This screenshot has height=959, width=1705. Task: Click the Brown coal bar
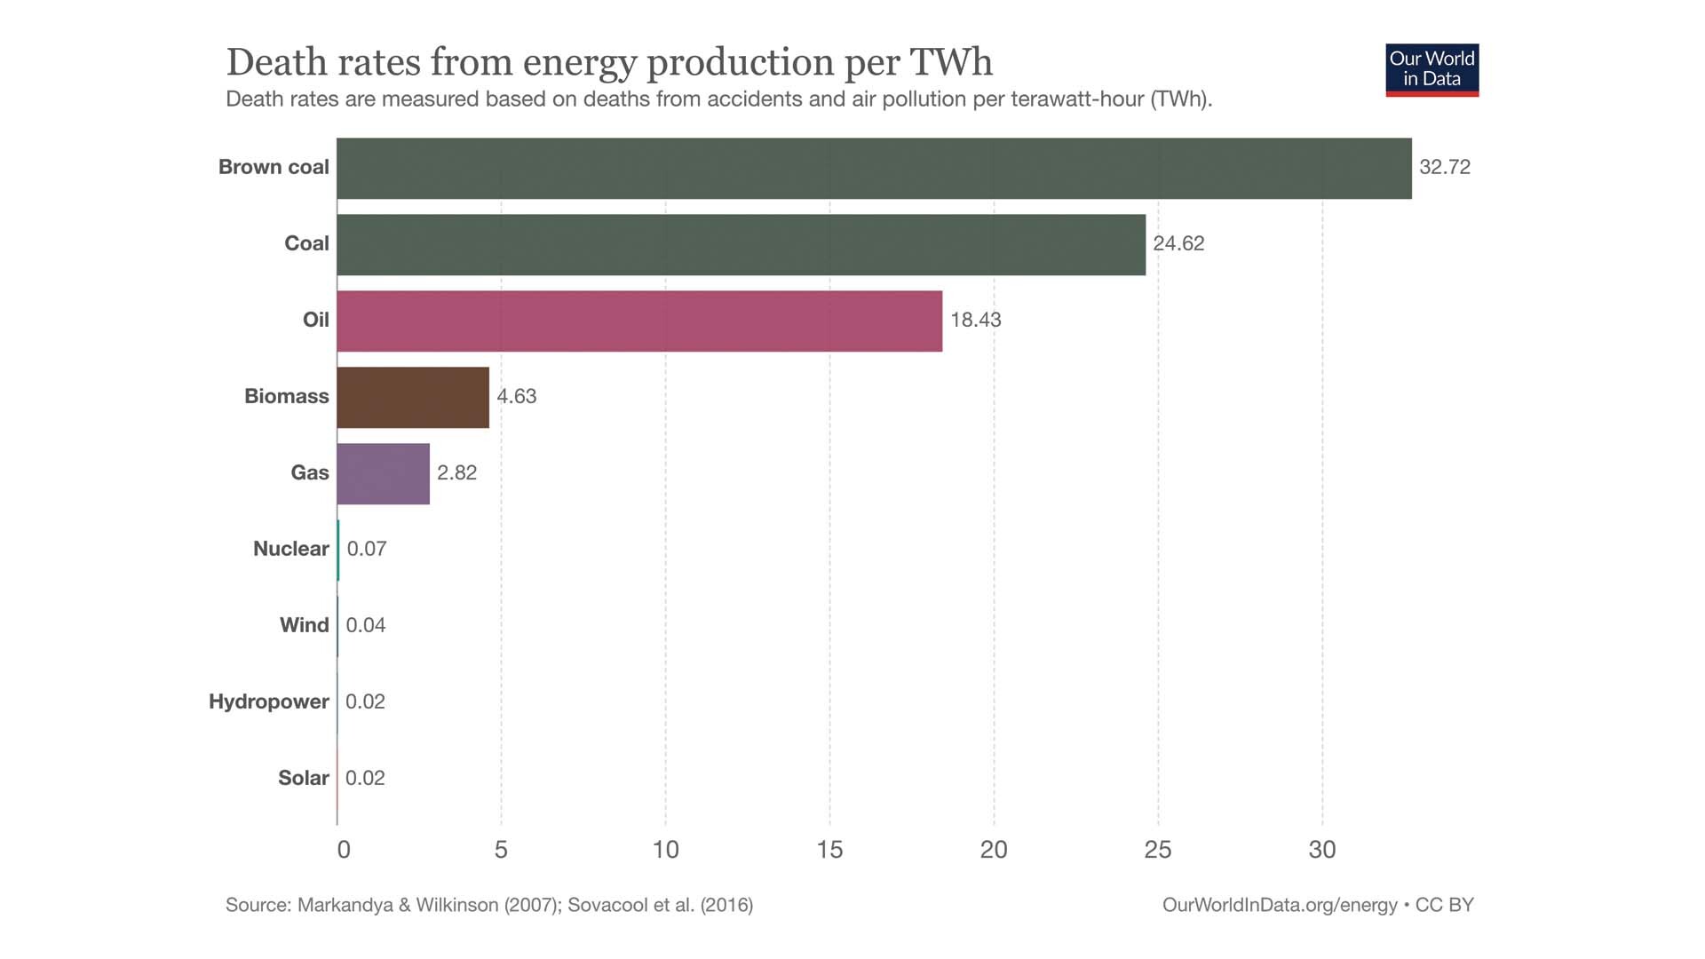click(x=874, y=169)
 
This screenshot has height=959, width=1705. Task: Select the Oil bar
click(x=639, y=321)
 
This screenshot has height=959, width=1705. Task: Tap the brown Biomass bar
click(x=413, y=398)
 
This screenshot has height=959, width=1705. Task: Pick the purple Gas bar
click(x=383, y=474)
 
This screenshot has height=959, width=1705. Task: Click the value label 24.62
click(x=1178, y=244)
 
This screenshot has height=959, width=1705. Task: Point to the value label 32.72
click(x=1445, y=168)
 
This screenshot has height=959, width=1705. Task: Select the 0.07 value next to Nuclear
click(x=367, y=550)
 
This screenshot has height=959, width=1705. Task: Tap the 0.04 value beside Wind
click(x=366, y=626)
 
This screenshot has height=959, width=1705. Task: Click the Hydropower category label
click(x=268, y=702)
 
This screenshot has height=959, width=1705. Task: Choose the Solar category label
click(x=303, y=779)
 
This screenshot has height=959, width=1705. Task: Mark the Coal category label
click(x=306, y=244)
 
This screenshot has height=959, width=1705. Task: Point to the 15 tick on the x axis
click(x=829, y=851)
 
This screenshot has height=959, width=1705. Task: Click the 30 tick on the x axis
click(x=1322, y=851)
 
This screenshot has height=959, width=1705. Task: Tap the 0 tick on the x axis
click(x=344, y=851)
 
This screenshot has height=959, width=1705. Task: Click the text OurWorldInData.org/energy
click(x=1280, y=906)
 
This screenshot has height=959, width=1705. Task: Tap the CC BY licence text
click(x=1445, y=906)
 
